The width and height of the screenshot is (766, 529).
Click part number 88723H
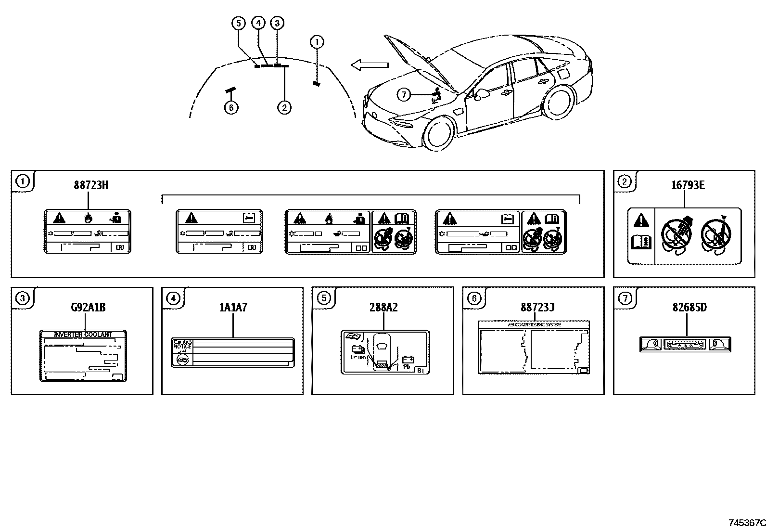click(x=90, y=185)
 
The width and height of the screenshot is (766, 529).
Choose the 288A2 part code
click(x=383, y=307)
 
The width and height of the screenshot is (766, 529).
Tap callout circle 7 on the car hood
click(x=404, y=95)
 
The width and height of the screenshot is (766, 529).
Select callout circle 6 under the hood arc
click(x=231, y=107)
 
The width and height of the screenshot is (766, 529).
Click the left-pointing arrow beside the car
click(x=369, y=65)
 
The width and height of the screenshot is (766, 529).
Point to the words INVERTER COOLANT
click(x=83, y=335)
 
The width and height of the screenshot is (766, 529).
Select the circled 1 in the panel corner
click(x=22, y=181)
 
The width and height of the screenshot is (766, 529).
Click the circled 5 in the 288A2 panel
click(x=324, y=298)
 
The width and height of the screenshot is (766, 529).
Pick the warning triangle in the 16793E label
click(x=641, y=221)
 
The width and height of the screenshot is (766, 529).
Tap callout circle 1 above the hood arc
click(x=317, y=42)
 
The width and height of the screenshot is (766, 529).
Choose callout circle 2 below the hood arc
click(x=284, y=107)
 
